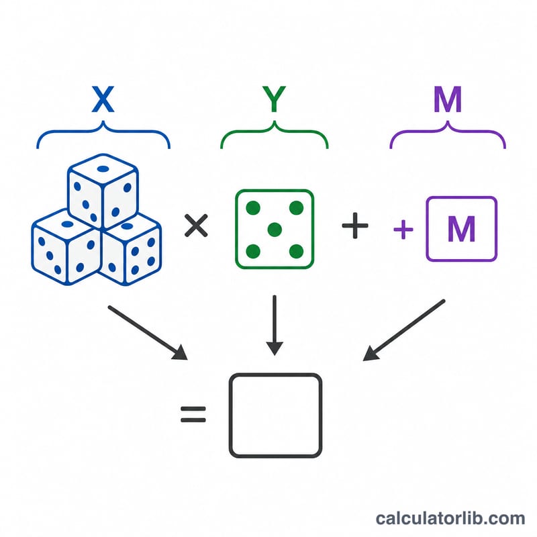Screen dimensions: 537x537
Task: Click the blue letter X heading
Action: [x=103, y=99]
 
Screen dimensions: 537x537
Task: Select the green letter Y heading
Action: [x=274, y=99]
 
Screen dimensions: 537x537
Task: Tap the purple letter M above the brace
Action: [x=448, y=99]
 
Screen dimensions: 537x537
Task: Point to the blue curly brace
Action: [x=103, y=130]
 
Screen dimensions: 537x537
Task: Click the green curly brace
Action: [x=275, y=130]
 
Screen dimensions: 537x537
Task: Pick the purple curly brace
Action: [x=448, y=130]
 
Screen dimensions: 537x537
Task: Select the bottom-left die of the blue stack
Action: [x=66, y=247]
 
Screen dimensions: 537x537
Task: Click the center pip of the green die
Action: [x=275, y=230]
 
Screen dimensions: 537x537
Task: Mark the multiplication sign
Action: [x=196, y=226]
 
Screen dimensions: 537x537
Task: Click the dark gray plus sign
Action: [x=355, y=226]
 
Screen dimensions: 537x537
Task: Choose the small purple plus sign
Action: [x=403, y=230]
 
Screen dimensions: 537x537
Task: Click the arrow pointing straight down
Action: [x=275, y=326]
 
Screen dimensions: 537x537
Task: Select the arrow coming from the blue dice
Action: [x=148, y=333]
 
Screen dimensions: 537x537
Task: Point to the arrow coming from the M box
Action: [x=404, y=330]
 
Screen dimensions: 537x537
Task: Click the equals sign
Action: [x=193, y=414]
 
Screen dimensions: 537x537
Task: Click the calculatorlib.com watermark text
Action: [x=450, y=518]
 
